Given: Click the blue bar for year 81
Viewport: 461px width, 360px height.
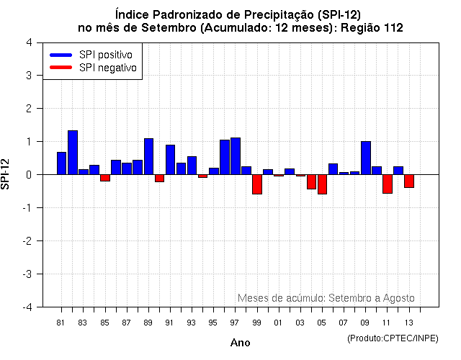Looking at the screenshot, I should point(62,163).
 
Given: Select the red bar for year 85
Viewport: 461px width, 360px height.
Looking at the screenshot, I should point(105,178).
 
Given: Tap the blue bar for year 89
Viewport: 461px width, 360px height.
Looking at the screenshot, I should point(148,156).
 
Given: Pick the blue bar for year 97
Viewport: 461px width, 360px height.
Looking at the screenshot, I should point(236,156).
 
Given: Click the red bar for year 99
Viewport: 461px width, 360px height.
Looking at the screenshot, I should point(257,184).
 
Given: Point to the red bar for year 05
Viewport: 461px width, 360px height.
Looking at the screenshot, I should point(322,184).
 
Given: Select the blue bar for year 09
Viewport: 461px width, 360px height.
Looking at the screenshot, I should point(366,158).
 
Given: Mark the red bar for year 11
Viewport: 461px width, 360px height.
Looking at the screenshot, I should point(388,184).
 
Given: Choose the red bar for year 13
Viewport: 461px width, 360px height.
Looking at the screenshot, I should point(409,181).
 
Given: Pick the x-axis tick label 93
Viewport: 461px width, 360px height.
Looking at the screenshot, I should point(191,322).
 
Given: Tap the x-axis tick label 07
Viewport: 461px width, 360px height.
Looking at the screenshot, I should point(343,322).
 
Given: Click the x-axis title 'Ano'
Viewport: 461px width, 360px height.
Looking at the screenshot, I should point(241,343).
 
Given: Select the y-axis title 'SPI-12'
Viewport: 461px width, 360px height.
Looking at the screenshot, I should point(6,175).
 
